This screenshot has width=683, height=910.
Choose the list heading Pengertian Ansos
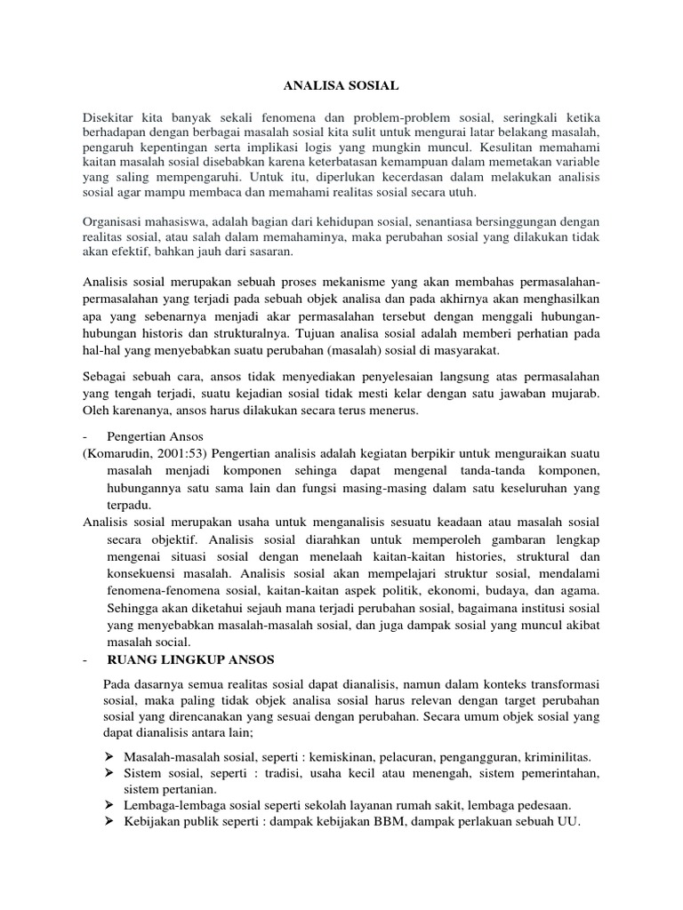click(x=155, y=436)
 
